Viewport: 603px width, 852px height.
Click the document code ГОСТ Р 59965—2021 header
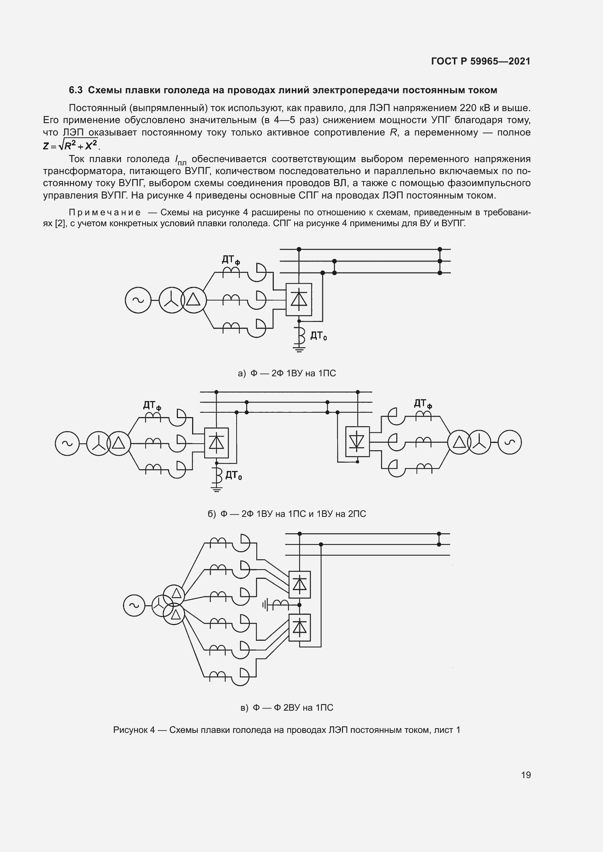coord(481,61)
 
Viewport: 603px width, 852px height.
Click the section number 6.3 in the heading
coord(76,90)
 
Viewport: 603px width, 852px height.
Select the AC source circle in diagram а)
coord(138,300)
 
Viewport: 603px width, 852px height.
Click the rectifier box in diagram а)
coord(299,299)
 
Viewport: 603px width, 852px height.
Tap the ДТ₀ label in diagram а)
coord(319,336)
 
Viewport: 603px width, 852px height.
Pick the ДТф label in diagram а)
coord(230,260)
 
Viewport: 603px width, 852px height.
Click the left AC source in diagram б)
coord(67,443)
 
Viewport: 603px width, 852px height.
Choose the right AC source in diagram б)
coord(509,442)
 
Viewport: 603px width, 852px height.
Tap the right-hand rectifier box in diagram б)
coord(357,441)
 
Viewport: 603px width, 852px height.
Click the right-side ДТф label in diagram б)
coord(423,404)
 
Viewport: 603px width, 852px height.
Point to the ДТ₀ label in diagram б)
coord(234,475)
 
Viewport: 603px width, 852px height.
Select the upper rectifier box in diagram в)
coord(300,584)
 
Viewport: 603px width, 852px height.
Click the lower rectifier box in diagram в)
coord(300,628)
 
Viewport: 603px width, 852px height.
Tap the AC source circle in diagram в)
coord(134,606)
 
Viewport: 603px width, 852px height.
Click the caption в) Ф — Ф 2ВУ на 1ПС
coord(287,708)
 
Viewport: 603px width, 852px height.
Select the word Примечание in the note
coord(105,213)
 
